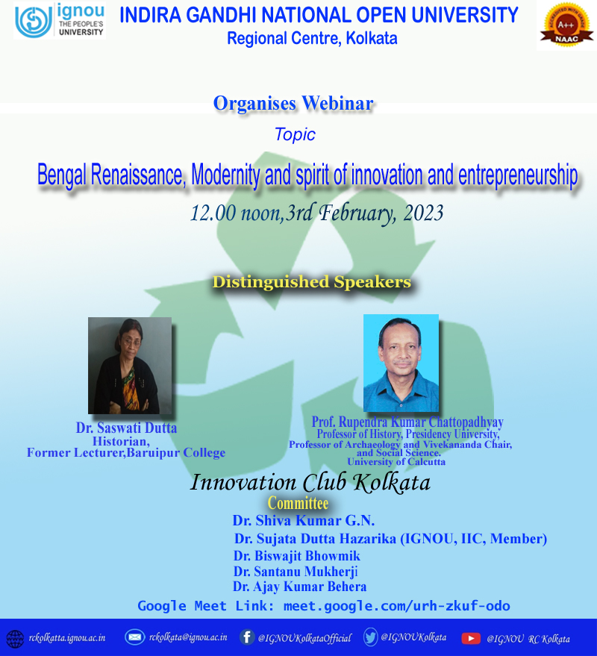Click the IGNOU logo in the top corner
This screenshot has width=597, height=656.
[x=60, y=20]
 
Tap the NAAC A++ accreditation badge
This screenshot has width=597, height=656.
[x=566, y=25]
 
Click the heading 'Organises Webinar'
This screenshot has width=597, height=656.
[x=293, y=103]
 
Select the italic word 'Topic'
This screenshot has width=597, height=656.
[x=295, y=134]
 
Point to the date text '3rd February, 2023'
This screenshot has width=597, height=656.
[x=364, y=213]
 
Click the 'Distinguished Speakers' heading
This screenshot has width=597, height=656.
[x=312, y=281]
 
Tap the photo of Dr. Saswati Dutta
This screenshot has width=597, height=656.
[x=130, y=366]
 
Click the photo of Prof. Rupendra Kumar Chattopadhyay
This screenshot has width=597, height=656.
[x=401, y=363]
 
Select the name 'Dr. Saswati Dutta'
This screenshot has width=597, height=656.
[x=126, y=428]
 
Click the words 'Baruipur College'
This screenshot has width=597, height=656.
[x=175, y=453]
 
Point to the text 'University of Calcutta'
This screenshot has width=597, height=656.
[x=396, y=462]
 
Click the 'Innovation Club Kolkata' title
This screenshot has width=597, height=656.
[x=310, y=482]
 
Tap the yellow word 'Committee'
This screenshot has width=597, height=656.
[x=298, y=503]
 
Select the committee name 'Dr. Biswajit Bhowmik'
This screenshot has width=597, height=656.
[x=296, y=555]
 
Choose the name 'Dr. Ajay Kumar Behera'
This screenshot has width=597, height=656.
[x=299, y=587]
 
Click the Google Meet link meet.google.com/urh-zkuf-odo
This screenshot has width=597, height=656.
[x=396, y=606]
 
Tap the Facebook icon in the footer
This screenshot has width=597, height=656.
[x=247, y=637]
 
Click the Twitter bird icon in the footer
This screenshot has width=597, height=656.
[x=370, y=637]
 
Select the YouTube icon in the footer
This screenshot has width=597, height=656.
[x=471, y=638]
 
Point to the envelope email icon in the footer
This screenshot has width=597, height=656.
[x=135, y=637]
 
